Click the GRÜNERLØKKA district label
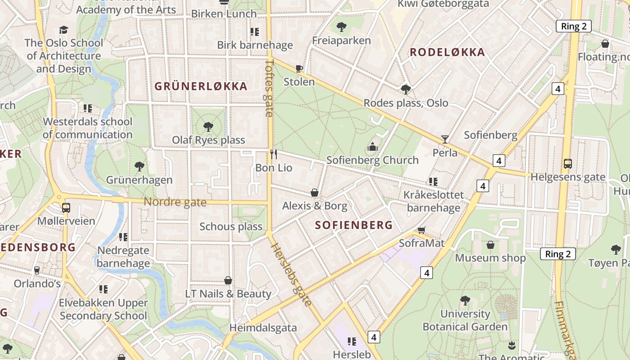(x=201, y=86)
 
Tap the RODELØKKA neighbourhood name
(x=447, y=52)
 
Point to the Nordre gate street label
(x=175, y=202)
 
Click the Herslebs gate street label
(x=292, y=274)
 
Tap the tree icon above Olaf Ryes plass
(x=208, y=126)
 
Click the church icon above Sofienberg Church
(x=373, y=147)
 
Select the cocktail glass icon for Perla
(x=445, y=139)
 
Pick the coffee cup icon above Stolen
(x=299, y=69)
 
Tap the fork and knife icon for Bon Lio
(x=274, y=154)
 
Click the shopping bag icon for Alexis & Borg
(x=315, y=193)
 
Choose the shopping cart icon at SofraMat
(x=422, y=230)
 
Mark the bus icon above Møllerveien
(x=66, y=207)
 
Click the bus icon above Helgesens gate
(x=568, y=163)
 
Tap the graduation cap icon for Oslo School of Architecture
(x=63, y=30)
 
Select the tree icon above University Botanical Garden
(x=465, y=300)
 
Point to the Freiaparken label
(x=342, y=40)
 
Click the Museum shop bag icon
(x=490, y=245)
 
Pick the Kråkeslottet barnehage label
(x=434, y=201)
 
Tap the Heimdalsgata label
(x=263, y=328)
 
